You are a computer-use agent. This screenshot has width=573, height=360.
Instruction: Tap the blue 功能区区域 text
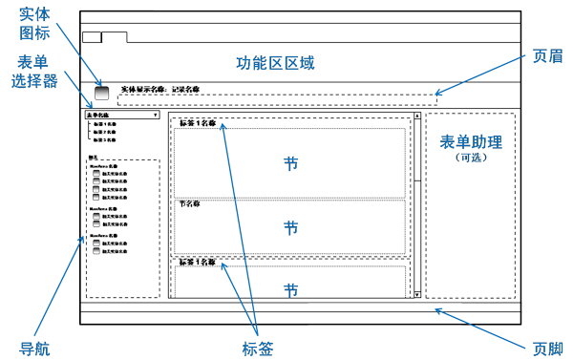[x=275, y=64]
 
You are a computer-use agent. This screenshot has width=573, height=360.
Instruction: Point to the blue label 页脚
[x=547, y=348]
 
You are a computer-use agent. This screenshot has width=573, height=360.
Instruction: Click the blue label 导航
[x=34, y=348]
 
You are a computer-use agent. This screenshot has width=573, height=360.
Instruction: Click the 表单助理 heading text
[x=471, y=142]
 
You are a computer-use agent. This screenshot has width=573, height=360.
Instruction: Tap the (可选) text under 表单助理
[x=472, y=158]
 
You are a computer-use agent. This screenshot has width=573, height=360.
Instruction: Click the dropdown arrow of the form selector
[x=156, y=116]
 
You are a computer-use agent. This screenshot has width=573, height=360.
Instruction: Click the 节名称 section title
[x=190, y=203]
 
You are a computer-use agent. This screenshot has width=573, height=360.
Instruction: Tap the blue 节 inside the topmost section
[x=290, y=163]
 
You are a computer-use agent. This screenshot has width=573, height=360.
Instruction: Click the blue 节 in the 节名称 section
[x=290, y=227]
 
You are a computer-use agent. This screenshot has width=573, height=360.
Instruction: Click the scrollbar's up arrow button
[x=417, y=116]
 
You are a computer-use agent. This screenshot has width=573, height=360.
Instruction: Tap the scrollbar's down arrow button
[x=417, y=296]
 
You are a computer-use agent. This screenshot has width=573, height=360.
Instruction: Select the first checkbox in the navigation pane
[x=96, y=174]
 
